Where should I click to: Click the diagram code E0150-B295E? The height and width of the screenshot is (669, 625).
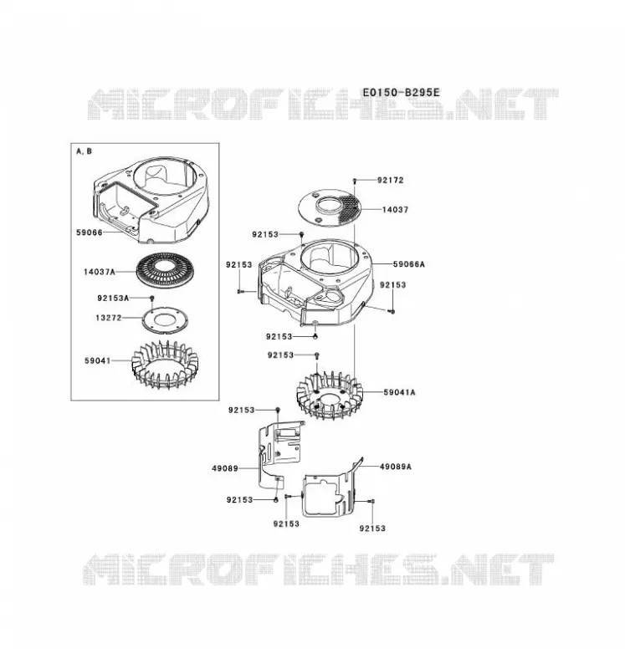401,93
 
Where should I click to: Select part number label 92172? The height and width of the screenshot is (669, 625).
390,180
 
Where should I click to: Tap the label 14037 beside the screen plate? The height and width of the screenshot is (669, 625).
395,210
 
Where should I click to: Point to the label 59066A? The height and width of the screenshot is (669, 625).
409,264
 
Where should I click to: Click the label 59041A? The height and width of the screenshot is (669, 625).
399,392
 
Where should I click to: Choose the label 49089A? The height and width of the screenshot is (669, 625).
396,467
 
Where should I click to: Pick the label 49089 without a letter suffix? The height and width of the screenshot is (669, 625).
225,468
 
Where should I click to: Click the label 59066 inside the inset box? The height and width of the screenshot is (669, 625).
90,232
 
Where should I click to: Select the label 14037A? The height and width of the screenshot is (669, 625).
100,272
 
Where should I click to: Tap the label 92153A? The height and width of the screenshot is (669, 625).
113,299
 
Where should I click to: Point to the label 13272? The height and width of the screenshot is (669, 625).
109,318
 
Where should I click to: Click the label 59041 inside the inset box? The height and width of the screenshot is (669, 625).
98,361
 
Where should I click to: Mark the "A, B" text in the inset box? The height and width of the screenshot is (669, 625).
85,151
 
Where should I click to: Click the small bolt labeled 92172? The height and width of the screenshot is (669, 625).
355,181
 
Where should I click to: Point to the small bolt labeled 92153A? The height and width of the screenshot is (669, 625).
151,299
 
